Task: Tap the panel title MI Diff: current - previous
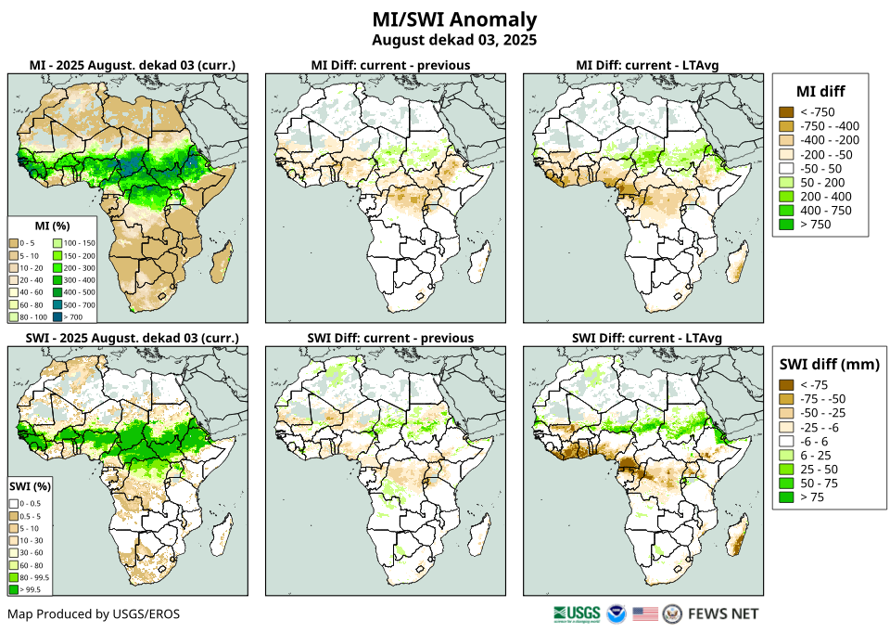coord(389,65)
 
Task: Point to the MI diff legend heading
coord(820,90)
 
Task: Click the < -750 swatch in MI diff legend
coord(786,112)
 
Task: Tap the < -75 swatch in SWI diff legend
coord(786,385)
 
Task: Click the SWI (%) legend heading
coord(30,485)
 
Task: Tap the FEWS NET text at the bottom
coord(723,613)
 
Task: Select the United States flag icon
coord(645,613)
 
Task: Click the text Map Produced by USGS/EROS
coord(94,613)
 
